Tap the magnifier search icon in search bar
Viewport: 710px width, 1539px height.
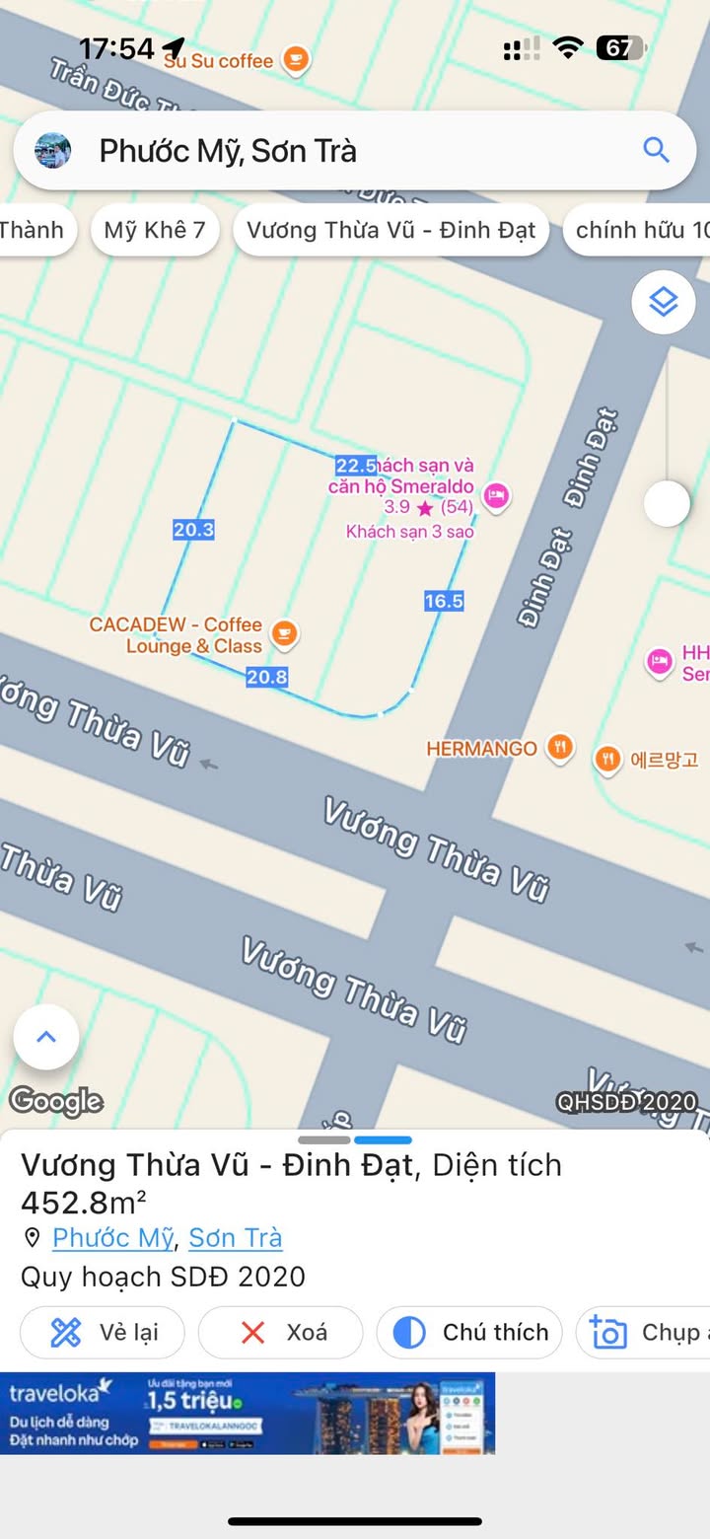click(x=656, y=150)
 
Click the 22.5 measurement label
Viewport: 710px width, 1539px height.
click(x=355, y=466)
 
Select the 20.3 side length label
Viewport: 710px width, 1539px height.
click(x=193, y=530)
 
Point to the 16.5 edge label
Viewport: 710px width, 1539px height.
click(x=444, y=601)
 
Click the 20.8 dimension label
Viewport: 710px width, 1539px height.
click(x=266, y=677)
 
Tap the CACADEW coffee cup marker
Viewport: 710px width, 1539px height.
click(x=284, y=633)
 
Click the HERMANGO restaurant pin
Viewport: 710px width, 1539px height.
click(x=560, y=748)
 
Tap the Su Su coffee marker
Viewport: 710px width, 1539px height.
click(x=295, y=60)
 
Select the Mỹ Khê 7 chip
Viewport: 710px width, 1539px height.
click(x=155, y=230)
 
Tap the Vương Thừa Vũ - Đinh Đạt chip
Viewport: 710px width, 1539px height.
click(x=390, y=230)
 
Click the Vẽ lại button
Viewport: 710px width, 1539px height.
click(x=104, y=1333)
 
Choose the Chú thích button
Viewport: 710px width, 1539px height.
click(x=469, y=1333)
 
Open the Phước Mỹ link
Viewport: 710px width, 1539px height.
click(x=112, y=1237)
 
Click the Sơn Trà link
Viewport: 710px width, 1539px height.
click(x=236, y=1237)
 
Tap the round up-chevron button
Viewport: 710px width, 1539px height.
click(x=46, y=1037)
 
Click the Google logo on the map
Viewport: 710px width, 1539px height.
click(x=55, y=1101)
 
